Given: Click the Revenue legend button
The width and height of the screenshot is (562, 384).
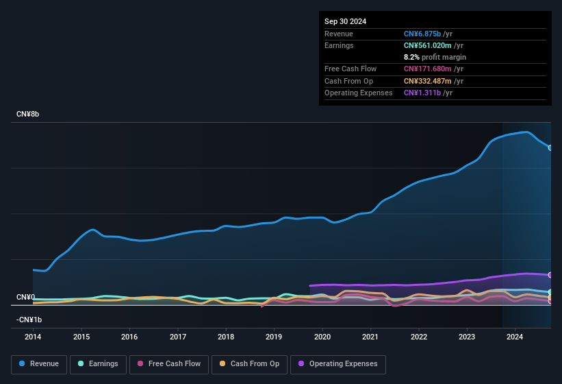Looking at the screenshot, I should click(39, 364).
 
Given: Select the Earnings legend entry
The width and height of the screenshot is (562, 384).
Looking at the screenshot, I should click(98, 364).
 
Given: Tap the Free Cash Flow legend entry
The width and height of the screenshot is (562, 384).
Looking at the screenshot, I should click(168, 364).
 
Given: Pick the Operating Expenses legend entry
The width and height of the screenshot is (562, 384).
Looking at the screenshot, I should click(338, 364).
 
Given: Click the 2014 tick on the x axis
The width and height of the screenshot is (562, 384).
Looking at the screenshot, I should click(33, 337).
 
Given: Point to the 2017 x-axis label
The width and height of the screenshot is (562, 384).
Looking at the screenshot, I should click(178, 337).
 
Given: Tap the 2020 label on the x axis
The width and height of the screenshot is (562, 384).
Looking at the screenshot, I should click(322, 337).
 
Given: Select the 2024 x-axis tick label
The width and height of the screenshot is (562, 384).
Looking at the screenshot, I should click(515, 337).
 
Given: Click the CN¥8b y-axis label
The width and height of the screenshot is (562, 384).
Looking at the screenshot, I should click(28, 115).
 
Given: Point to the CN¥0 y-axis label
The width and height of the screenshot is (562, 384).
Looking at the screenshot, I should click(25, 297).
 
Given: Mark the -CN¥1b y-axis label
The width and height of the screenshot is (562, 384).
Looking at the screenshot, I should click(29, 320).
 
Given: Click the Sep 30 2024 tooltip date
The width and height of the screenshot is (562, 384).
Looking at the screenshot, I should click(346, 21).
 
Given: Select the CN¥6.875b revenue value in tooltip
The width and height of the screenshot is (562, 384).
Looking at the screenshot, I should click(422, 34).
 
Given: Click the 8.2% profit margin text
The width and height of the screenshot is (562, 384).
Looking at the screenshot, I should click(435, 57).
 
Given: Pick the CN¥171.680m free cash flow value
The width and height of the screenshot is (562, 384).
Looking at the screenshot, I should click(429, 69).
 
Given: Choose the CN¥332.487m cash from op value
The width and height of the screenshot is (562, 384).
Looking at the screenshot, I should click(429, 81).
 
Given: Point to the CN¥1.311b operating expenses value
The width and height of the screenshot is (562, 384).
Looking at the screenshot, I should click(422, 93).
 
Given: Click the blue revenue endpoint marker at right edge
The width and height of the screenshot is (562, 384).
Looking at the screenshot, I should click(550, 147).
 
